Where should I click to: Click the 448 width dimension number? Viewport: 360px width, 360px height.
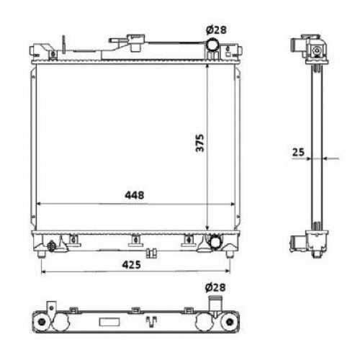point(135,195)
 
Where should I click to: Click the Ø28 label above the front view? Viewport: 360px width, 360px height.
point(216,29)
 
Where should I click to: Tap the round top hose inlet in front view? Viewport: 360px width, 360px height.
point(213,48)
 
